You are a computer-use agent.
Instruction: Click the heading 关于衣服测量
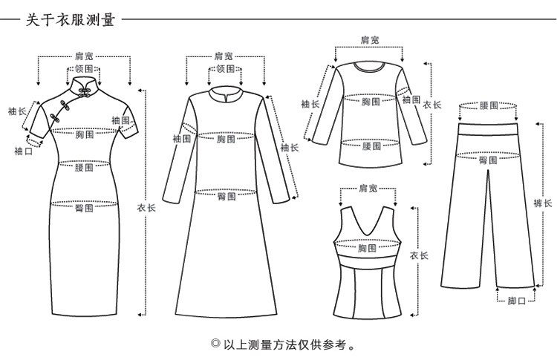click(70, 19)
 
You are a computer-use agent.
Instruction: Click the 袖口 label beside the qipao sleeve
click(24, 151)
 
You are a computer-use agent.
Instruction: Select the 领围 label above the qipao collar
click(84, 68)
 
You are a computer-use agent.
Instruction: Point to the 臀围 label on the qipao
click(84, 207)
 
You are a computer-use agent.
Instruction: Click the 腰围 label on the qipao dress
click(84, 167)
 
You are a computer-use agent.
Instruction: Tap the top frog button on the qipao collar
click(85, 90)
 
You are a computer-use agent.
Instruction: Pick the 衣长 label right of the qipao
click(146, 208)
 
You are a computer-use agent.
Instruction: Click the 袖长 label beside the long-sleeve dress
click(290, 147)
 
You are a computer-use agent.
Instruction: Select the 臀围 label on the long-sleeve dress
click(227, 196)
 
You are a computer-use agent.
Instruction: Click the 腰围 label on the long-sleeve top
click(371, 146)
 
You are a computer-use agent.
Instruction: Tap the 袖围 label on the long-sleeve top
click(411, 99)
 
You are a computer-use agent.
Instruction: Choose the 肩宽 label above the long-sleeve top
click(370, 40)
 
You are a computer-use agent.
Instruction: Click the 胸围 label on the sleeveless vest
click(367, 247)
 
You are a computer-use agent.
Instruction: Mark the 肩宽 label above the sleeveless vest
click(368, 188)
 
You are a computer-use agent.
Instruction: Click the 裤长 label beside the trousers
click(542, 203)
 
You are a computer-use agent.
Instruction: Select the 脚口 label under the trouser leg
click(516, 301)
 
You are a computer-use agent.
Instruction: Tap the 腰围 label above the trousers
click(489, 105)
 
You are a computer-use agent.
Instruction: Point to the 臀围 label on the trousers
click(489, 160)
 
